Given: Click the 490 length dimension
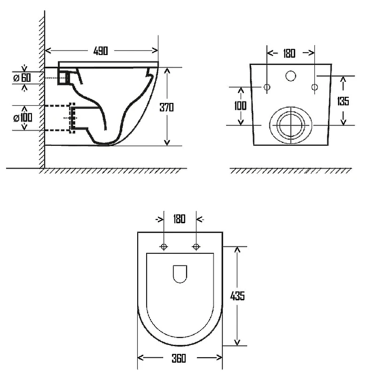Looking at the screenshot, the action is point(101,51).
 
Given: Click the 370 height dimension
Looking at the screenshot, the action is point(167,107).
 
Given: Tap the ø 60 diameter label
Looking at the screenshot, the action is point(22,78).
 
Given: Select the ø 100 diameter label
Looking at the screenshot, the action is point(23,117).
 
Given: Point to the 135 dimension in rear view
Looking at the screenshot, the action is point(343,101).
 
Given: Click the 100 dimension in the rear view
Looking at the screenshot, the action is point(240,105).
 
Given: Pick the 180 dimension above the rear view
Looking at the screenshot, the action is point(289,53).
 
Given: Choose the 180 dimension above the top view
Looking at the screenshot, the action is point(180,219).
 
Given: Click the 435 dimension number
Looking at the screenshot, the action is point(237,296).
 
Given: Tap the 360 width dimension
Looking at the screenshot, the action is point(179,358).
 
